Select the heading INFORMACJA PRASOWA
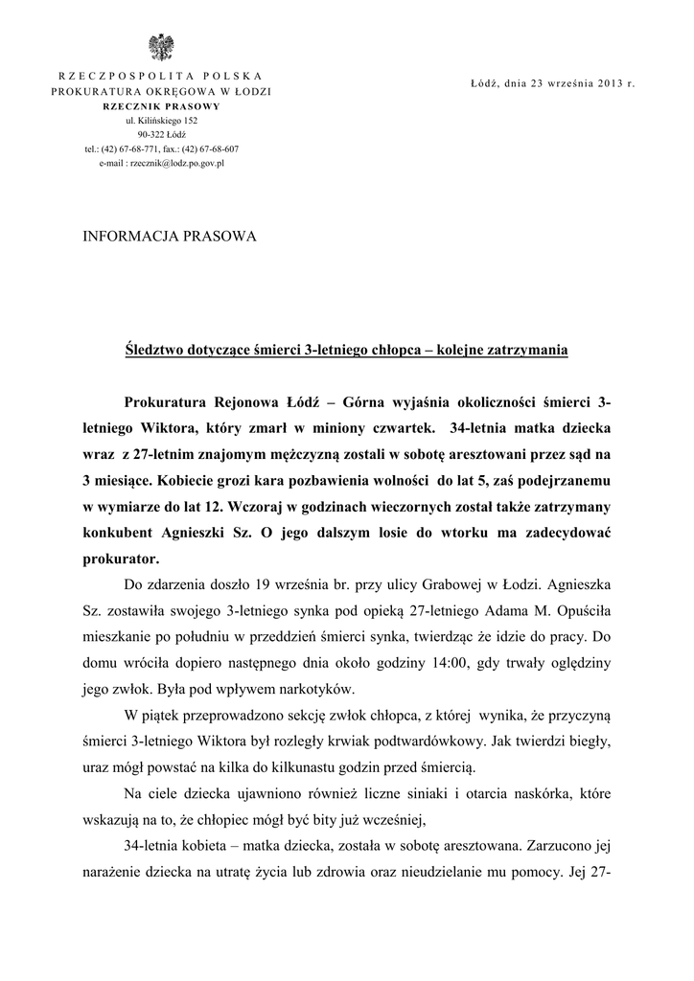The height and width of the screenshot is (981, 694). coord(172,236)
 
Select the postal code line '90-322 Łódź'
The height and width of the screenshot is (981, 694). coord(161,135)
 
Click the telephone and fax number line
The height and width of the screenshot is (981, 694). coord(161,149)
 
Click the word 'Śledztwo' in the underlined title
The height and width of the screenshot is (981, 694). coord(159,352)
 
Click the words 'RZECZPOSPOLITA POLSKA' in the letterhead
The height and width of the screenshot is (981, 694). coord(161,75)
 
